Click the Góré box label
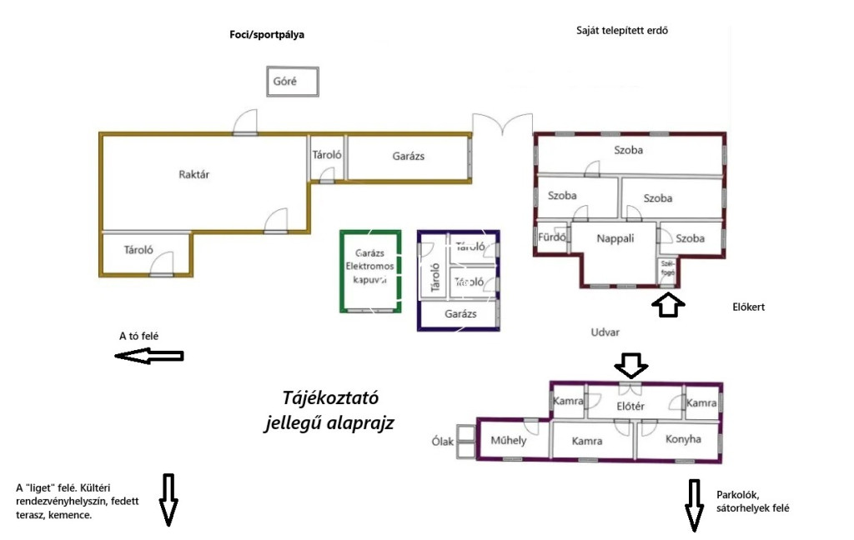click(x=285, y=82)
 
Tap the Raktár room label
click(x=193, y=175)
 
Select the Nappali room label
click(x=615, y=237)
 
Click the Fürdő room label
click(x=553, y=237)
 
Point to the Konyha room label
click(x=683, y=439)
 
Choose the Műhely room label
click(x=509, y=441)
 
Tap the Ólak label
click(x=443, y=442)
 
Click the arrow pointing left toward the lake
click(x=148, y=356)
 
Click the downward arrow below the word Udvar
click(x=630, y=365)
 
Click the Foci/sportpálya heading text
click(x=267, y=35)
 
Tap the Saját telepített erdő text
click(x=622, y=31)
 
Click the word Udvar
click(x=605, y=332)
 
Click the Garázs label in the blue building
click(x=460, y=314)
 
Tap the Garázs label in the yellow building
click(x=409, y=156)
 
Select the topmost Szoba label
click(x=629, y=151)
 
